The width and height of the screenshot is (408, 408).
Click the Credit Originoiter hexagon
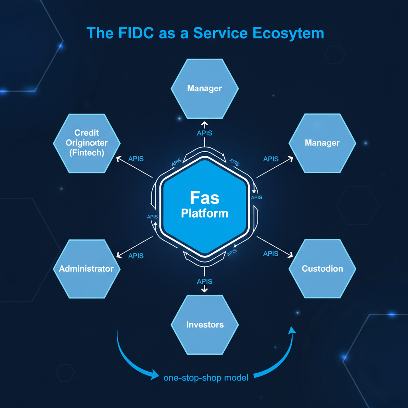86,143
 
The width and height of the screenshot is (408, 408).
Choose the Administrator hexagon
86,269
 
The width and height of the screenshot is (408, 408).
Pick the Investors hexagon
205,325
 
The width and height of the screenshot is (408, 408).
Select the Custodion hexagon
322,269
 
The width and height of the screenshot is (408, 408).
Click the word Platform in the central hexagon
205,213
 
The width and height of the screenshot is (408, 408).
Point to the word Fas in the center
205,198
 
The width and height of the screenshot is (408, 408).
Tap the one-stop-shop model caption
206,377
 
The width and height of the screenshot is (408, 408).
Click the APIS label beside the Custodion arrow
271,253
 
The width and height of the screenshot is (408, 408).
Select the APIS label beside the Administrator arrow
136,256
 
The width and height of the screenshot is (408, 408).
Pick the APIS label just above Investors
205,282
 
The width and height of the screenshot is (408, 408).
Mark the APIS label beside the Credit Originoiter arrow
136,159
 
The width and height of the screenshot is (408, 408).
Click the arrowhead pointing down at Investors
205,290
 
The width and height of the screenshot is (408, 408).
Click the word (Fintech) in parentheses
86,153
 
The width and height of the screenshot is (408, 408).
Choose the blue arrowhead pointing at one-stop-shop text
155,374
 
